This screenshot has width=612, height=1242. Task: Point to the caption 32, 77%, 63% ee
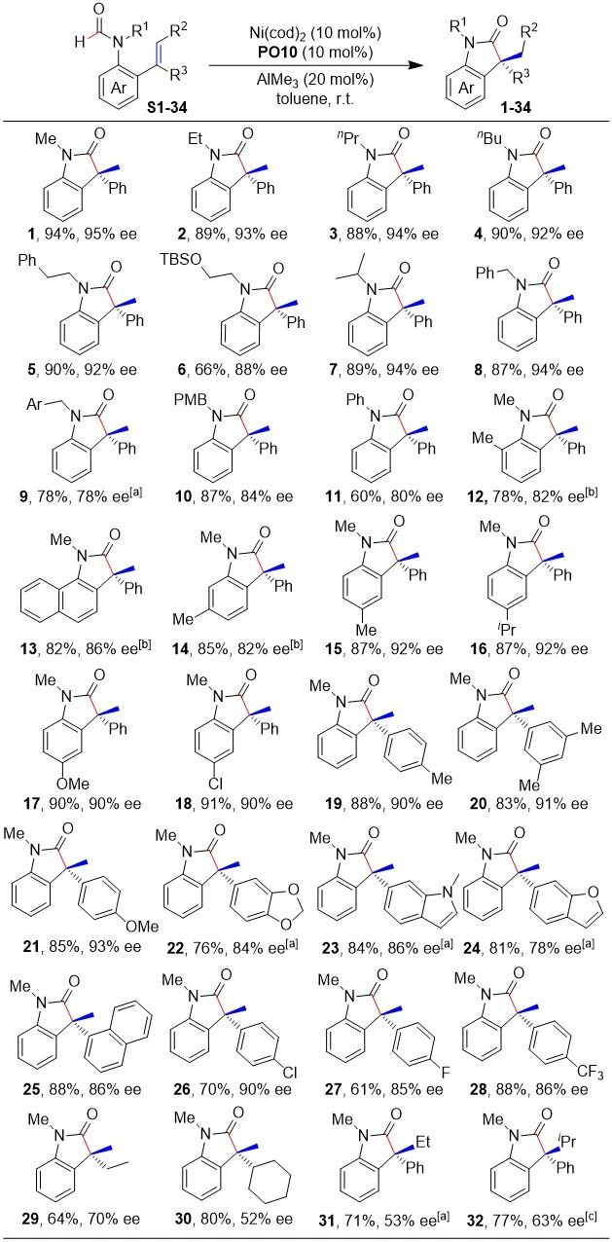coord(531,1220)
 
